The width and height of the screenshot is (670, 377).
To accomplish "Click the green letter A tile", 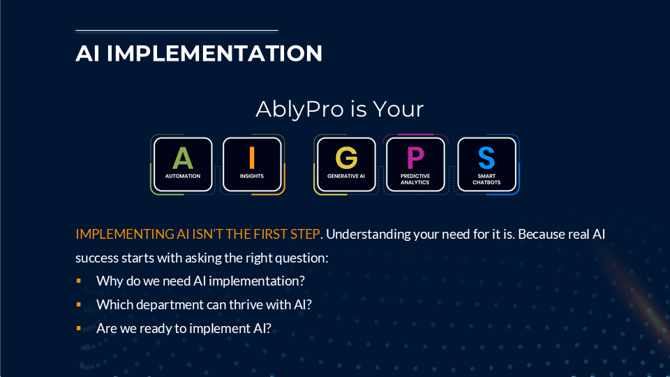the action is (x=183, y=164).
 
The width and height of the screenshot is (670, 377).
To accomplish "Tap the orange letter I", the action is (x=252, y=158).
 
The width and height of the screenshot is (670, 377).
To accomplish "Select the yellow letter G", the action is (x=346, y=158).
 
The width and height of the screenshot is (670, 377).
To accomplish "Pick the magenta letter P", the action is (x=415, y=158).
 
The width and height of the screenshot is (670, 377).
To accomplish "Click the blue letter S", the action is (x=486, y=158).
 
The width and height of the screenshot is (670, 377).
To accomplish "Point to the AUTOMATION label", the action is (x=183, y=176).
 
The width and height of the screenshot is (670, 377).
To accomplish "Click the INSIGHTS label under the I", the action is (x=252, y=176).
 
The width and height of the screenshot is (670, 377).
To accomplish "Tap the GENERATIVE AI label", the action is (x=346, y=176).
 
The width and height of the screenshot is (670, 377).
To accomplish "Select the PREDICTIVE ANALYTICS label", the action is (x=415, y=179).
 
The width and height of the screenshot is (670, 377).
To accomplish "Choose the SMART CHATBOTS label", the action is (x=486, y=179).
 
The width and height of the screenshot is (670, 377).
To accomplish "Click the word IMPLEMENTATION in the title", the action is (x=214, y=54).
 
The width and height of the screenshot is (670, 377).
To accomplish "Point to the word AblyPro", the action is (x=299, y=109).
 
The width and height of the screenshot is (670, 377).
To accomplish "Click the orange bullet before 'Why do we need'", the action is (x=79, y=281).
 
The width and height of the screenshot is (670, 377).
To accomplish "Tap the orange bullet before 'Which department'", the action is (x=79, y=304).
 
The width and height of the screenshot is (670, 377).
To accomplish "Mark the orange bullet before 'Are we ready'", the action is (x=79, y=328).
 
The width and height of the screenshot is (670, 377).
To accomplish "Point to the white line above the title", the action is (x=177, y=30).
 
